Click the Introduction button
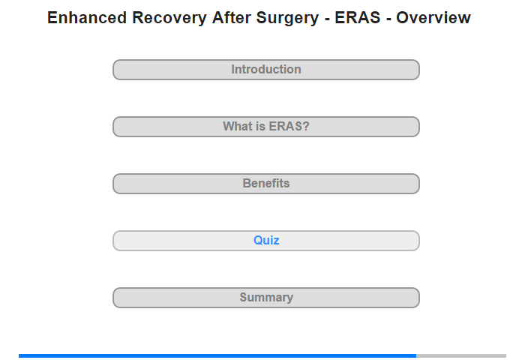pos(266,70)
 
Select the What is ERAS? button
pos(266,127)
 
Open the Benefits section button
pos(266,184)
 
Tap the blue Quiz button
pos(266,241)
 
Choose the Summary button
pos(266,298)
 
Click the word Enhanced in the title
pos(87,18)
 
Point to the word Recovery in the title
pos(169,19)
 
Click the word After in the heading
pos(231,18)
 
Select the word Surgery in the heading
pos(287,19)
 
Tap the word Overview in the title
pos(433,18)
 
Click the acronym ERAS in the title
pos(358,18)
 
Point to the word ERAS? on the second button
pos(289,126)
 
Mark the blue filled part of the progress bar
pos(217,355)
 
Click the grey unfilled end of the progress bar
pos(461,355)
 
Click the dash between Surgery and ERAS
pos(327,19)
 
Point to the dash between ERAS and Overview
pos(388,19)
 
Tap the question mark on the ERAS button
pos(306,126)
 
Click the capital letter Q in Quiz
pos(258,241)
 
